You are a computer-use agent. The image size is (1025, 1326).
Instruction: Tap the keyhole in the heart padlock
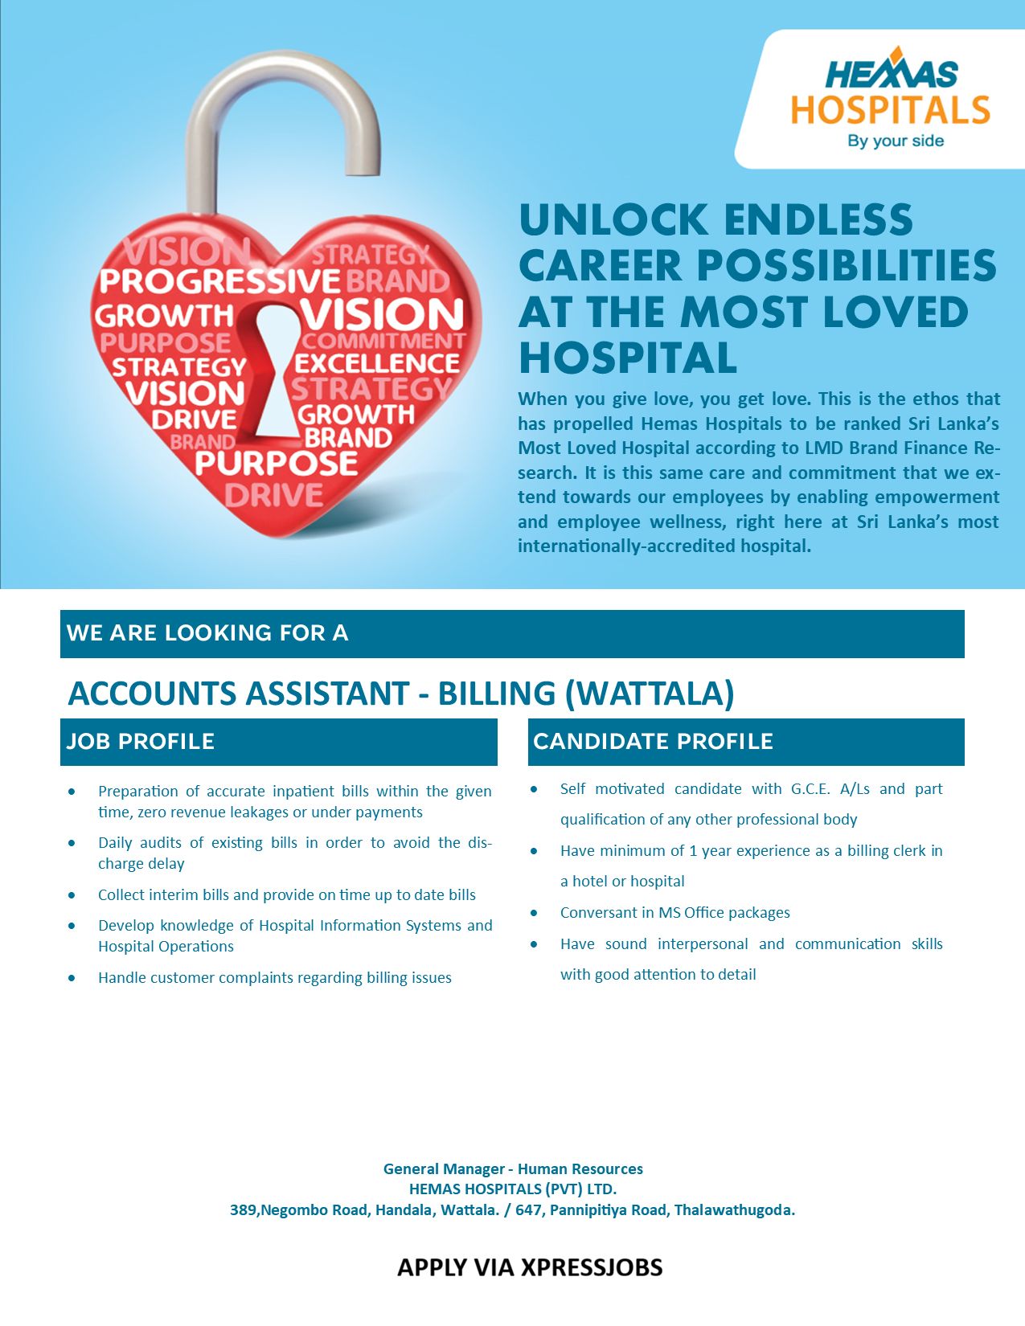271,372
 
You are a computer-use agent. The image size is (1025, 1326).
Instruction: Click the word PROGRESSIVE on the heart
219,280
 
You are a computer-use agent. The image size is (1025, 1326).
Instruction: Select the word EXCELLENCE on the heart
377,364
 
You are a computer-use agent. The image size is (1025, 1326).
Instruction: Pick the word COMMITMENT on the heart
384,341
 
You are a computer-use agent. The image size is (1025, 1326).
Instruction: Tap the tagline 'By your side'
896,141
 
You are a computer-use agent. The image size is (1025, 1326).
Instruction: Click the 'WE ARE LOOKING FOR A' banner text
207,632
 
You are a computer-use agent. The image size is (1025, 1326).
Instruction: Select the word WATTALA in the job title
649,694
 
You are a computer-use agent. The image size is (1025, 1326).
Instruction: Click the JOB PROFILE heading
141,742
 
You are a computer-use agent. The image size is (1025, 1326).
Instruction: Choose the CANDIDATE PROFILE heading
654,742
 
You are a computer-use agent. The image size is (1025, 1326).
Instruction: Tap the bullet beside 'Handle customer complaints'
72,977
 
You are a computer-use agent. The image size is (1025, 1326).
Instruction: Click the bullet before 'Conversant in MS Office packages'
534,913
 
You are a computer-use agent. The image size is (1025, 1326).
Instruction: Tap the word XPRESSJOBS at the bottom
592,1267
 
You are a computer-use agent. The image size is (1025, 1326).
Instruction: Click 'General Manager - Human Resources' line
513,1169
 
